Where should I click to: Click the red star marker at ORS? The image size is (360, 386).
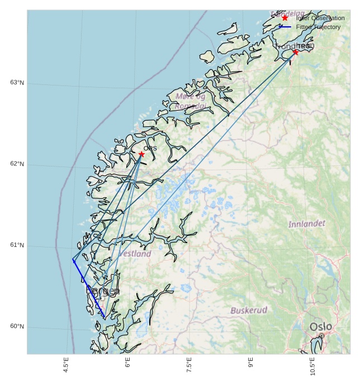pos(141,154)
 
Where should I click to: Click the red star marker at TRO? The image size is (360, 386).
pos(295,52)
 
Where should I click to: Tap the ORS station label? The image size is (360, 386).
pos(150,148)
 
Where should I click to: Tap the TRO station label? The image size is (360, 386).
pos(304,46)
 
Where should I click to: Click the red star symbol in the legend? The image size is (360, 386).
pos(285,18)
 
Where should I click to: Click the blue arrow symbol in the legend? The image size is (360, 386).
pos(285,27)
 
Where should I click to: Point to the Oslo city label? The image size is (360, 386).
pos(321,326)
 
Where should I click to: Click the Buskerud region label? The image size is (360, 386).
pos(249,310)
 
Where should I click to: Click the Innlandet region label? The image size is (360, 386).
pos(306,224)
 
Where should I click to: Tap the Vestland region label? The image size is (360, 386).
pos(135,254)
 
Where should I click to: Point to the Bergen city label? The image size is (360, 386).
pos(102,292)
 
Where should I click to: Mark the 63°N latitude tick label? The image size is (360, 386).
pos(17,83)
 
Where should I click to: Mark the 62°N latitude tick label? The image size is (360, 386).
pos(17,164)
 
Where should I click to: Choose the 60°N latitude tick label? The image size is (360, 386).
pos(17,327)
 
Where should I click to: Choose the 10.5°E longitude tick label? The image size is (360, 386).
pos(312,366)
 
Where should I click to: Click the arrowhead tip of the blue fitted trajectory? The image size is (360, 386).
pos(73,259)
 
